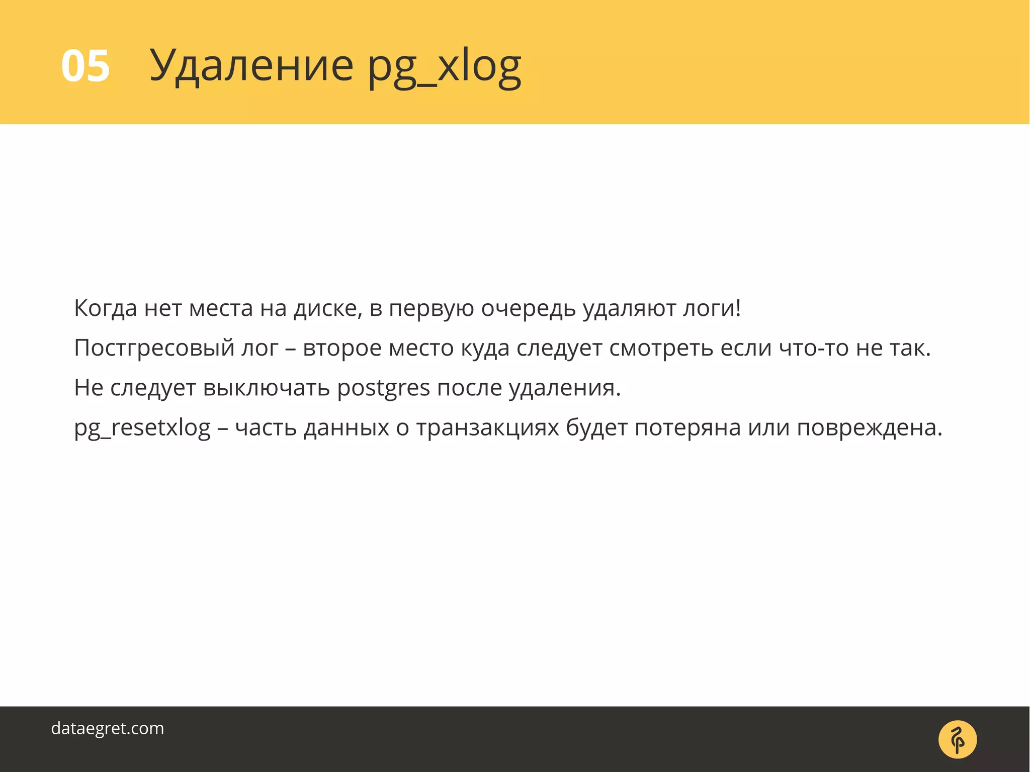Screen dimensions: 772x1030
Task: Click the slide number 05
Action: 85,66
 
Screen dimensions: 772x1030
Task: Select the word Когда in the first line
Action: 105,308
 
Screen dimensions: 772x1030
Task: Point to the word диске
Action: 327,308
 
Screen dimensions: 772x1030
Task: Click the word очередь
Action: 528,309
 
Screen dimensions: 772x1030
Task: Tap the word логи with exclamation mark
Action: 712,309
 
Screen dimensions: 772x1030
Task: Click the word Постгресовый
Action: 154,348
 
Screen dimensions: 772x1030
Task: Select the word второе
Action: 342,348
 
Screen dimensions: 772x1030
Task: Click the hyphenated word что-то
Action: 814,348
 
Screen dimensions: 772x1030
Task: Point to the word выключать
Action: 266,388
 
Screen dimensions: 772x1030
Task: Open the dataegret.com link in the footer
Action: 108,728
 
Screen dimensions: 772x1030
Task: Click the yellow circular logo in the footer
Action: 958,740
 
